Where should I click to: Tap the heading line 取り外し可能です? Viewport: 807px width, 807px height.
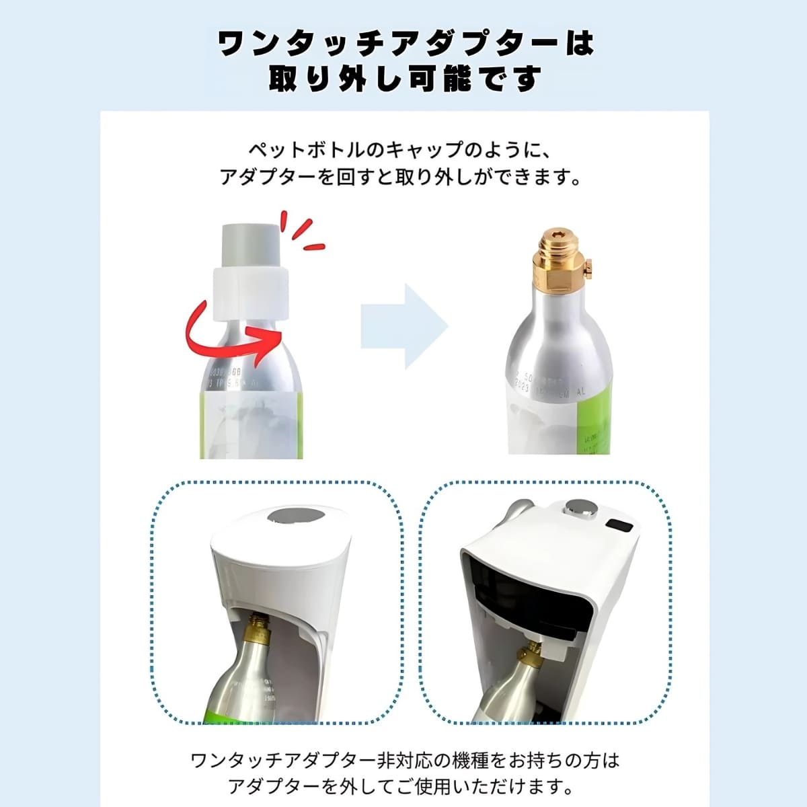(x=404, y=79)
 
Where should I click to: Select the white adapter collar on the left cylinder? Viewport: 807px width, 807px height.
(x=249, y=292)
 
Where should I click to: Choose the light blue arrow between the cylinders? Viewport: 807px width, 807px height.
(x=404, y=326)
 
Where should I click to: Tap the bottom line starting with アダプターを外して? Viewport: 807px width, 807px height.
(x=404, y=785)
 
